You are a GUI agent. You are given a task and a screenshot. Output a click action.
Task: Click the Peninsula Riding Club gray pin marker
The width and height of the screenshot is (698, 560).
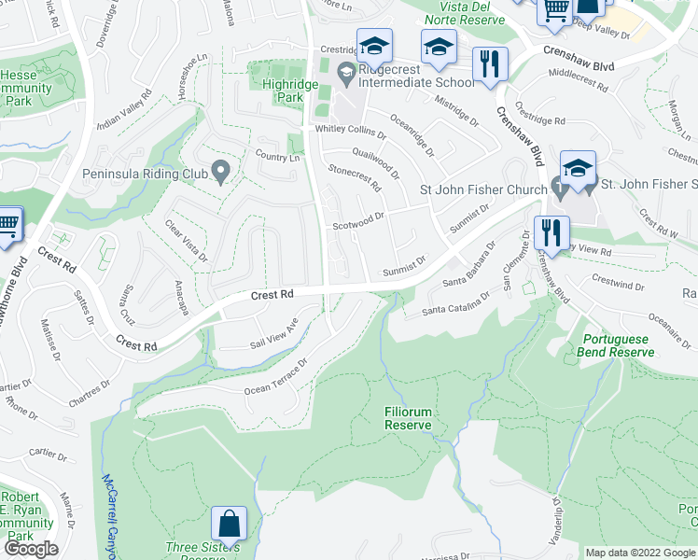pos(221,172)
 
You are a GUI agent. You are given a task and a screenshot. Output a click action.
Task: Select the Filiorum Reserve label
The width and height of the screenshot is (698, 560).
pos(409,418)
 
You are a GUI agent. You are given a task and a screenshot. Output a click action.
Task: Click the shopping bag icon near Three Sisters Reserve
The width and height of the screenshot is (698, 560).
pos(229,524)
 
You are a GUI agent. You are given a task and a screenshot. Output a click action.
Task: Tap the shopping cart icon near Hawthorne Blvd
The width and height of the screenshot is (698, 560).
pos(7,227)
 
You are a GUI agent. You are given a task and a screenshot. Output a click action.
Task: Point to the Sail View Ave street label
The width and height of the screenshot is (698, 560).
pos(272,335)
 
